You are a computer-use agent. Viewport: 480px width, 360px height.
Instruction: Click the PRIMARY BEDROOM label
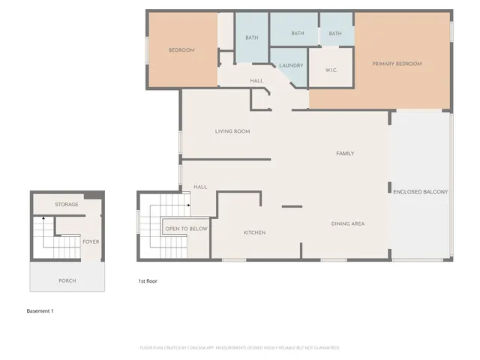[397, 64]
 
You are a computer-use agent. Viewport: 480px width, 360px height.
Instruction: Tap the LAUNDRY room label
[291, 65]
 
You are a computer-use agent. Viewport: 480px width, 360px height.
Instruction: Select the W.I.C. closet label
[331, 70]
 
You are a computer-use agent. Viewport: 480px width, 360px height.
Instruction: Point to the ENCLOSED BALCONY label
[420, 192]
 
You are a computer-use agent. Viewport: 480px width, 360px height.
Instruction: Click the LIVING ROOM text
[232, 131]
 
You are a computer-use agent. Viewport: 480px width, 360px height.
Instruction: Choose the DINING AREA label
[348, 223]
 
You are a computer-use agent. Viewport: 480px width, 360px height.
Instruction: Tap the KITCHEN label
[254, 232]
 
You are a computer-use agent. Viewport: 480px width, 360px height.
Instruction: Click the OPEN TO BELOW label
[187, 228]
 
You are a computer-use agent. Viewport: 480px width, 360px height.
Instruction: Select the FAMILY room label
[344, 153]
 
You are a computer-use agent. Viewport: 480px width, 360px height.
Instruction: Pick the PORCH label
[67, 280]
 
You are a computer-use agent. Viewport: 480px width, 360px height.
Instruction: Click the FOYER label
[91, 241]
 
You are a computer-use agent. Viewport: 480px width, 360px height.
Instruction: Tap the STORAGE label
[67, 204]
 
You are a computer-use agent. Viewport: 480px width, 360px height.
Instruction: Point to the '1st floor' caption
[147, 280]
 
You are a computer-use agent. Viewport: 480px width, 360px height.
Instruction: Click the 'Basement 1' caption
[40, 310]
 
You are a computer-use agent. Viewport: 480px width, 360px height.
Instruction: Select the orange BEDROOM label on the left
[181, 50]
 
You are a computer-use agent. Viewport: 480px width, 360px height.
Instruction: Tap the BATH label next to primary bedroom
[335, 33]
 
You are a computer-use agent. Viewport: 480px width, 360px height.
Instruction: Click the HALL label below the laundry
[256, 80]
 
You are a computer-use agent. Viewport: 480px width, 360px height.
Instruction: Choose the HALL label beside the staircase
[200, 187]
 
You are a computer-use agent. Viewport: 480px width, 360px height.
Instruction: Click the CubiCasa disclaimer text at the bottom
[239, 347]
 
